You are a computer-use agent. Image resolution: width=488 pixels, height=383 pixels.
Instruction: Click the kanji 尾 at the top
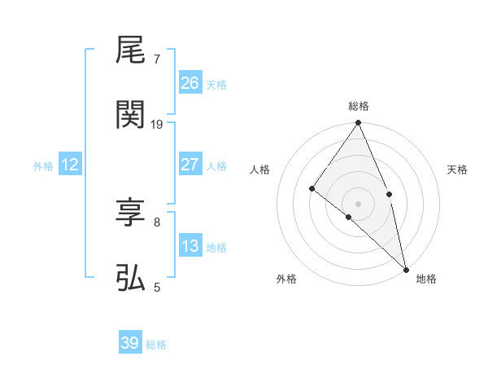point(130,51)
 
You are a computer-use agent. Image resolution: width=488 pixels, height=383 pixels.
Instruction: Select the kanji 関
point(130,115)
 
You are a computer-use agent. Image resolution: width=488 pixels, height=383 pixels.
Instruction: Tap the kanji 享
point(130,214)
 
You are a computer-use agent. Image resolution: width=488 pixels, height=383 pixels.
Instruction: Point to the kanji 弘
point(130,278)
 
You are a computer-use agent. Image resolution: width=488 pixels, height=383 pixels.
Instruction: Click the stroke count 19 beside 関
point(157,124)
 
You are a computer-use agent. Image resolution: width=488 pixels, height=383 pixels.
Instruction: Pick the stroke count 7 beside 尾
point(157,59)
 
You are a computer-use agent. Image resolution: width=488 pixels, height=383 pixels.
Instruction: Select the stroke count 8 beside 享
point(157,222)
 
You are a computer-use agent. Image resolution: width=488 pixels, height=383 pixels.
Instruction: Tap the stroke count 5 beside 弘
point(157,286)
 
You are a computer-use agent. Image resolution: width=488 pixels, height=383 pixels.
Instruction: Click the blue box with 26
point(190,83)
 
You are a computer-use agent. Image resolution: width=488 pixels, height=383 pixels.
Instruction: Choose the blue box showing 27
point(190,165)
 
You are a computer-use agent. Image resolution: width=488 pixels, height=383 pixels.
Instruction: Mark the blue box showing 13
point(190,246)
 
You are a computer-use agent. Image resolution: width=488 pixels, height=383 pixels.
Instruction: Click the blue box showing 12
point(70,165)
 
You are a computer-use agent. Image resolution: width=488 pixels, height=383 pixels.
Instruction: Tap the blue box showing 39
point(130,343)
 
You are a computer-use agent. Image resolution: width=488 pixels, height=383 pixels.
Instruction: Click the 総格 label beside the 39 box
point(156,345)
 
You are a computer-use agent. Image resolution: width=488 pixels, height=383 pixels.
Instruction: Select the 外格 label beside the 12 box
point(43,166)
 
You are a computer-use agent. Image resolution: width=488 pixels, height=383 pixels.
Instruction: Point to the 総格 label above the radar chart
point(359,106)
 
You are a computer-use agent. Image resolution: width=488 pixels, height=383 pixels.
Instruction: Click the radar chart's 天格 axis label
point(458,169)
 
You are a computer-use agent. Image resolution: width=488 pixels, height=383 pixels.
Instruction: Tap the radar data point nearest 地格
point(406,268)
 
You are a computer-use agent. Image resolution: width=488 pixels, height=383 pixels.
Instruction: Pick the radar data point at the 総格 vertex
point(359,123)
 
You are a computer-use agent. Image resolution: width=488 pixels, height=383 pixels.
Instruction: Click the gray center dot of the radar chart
point(359,203)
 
